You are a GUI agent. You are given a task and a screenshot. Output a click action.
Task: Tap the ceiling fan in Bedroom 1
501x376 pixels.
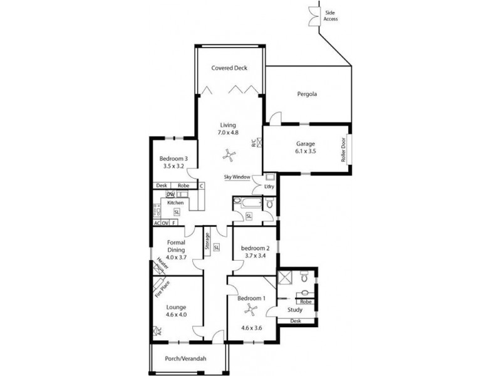(x=250, y=307)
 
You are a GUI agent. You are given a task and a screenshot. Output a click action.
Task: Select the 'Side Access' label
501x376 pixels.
(x=331, y=16)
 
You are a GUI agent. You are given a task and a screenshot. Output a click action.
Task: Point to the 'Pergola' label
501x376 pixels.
(x=307, y=95)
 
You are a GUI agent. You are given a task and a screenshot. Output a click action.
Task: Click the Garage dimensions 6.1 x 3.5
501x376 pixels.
(x=306, y=152)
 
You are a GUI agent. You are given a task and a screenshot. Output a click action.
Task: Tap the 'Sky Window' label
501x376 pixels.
(x=237, y=177)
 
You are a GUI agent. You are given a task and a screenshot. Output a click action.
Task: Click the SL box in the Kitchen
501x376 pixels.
(x=177, y=212)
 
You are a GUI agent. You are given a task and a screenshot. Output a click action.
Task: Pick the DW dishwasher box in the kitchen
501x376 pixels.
(x=170, y=195)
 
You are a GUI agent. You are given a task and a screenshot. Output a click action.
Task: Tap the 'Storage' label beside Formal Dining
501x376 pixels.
(x=206, y=243)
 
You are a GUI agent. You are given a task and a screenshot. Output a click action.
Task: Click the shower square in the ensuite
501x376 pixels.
(x=286, y=278)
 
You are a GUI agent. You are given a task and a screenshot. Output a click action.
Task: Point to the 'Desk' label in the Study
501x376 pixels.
(x=296, y=321)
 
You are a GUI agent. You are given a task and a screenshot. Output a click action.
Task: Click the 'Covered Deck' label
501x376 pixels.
(x=229, y=68)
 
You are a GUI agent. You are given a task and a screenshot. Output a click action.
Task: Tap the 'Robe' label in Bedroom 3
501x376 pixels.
(x=183, y=186)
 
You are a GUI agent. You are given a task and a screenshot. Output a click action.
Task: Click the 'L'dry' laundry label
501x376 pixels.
(x=269, y=187)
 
